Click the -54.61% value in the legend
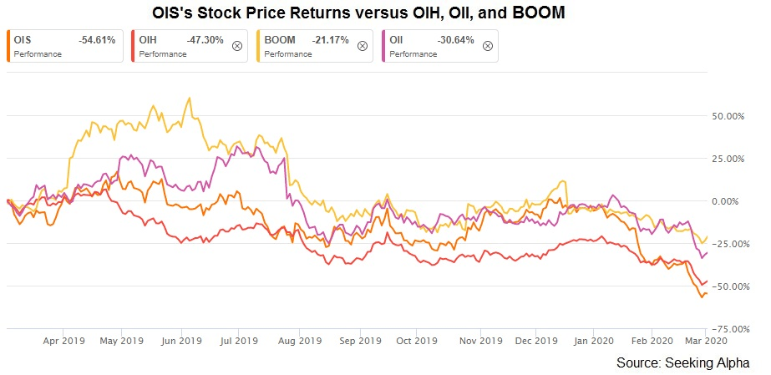coord(96,39)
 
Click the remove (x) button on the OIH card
coord(236,46)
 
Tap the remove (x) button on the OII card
coord(488,46)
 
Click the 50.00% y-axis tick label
coord(725,116)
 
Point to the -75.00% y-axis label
coord(723,329)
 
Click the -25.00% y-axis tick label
coord(723,244)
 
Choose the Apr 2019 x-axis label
coord(63,341)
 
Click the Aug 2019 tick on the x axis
coord(299,341)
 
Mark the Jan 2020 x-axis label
coord(594,341)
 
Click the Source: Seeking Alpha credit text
coord(682,362)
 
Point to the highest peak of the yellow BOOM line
coord(190,98)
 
